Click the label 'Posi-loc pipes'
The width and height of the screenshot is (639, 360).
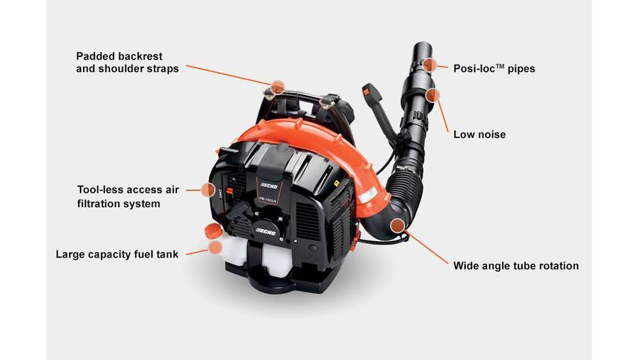point(494,68)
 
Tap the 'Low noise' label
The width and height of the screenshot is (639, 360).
point(479,134)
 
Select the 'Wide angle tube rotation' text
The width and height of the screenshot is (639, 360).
point(516,266)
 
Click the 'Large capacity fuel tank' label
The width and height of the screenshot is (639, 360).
point(117,254)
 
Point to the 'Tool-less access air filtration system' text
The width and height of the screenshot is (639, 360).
point(128,196)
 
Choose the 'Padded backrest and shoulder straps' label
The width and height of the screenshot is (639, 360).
point(127,63)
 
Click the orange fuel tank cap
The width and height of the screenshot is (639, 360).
point(213,231)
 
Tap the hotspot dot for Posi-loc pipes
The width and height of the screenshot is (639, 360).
point(429,65)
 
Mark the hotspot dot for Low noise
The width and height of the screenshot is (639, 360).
point(433,95)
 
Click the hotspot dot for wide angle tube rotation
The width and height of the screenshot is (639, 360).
point(397,225)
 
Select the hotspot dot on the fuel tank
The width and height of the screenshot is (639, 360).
point(215,247)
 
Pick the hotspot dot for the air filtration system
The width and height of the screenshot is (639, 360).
point(208,189)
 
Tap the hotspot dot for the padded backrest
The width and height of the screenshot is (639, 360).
point(277,86)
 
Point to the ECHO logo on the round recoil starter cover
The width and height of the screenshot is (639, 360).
point(266,231)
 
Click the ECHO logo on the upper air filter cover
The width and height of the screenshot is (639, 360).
point(269,185)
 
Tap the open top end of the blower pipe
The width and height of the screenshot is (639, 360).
point(423,45)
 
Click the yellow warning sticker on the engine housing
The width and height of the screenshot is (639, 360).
point(337,184)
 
